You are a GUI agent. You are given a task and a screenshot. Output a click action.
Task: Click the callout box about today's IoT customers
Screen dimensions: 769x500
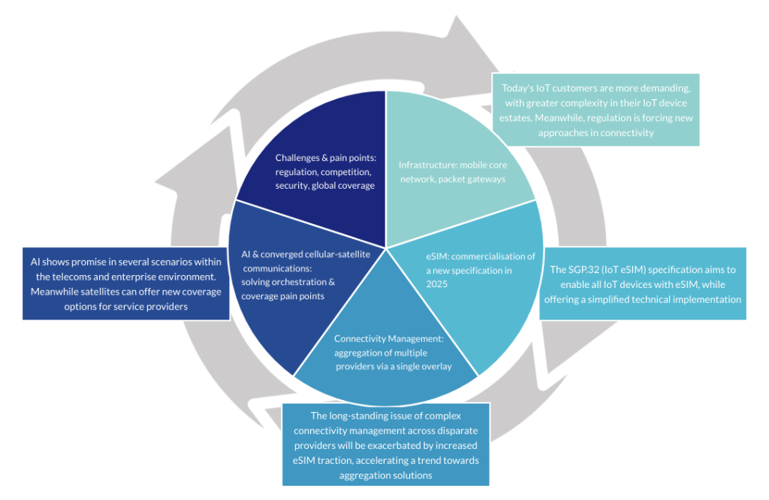(x=596, y=110)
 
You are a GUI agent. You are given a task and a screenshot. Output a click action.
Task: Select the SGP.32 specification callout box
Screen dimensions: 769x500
(x=643, y=284)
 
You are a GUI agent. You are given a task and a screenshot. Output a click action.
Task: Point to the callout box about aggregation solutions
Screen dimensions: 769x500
(x=386, y=444)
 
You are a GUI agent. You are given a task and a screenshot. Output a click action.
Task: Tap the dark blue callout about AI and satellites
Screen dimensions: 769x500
(x=126, y=283)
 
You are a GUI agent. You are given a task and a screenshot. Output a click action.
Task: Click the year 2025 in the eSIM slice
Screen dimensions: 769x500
(x=436, y=284)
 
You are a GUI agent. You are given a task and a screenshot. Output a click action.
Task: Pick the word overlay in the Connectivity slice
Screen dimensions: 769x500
(x=439, y=366)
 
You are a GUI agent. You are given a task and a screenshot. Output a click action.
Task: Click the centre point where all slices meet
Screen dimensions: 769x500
(x=386, y=248)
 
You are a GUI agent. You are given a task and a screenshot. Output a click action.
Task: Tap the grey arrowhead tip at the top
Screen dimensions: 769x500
(x=457, y=16)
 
